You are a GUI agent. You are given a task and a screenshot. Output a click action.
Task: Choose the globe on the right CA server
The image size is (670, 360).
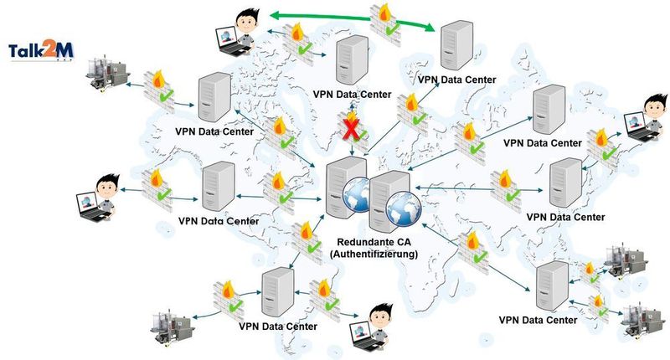(404, 204)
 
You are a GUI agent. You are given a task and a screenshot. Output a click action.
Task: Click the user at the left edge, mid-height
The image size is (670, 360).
(97, 198)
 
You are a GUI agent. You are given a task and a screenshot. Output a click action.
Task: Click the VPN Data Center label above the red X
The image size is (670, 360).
(351, 95)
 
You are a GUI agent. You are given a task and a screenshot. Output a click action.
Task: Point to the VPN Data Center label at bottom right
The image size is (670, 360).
(538, 321)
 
